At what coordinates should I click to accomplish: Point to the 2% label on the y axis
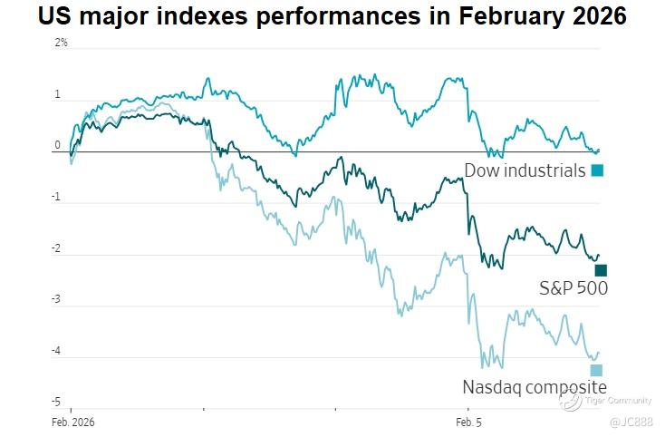click(x=61, y=44)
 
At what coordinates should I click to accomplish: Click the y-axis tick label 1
click(x=57, y=94)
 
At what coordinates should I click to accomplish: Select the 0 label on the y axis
click(x=57, y=145)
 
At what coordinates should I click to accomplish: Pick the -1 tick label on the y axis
click(x=56, y=197)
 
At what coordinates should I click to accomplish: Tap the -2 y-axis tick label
click(x=56, y=248)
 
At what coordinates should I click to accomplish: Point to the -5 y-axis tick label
click(x=56, y=401)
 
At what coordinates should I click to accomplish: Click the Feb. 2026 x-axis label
click(x=71, y=422)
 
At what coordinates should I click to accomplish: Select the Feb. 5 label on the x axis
click(x=467, y=422)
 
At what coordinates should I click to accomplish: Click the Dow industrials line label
click(x=525, y=170)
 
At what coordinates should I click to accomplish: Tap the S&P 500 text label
click(x=573, y=288)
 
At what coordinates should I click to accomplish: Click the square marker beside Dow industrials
click(x=597, y=170)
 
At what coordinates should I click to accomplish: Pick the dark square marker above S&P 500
click(x=600, y=270)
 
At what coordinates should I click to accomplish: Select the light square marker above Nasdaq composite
click(x=596, y=370)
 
